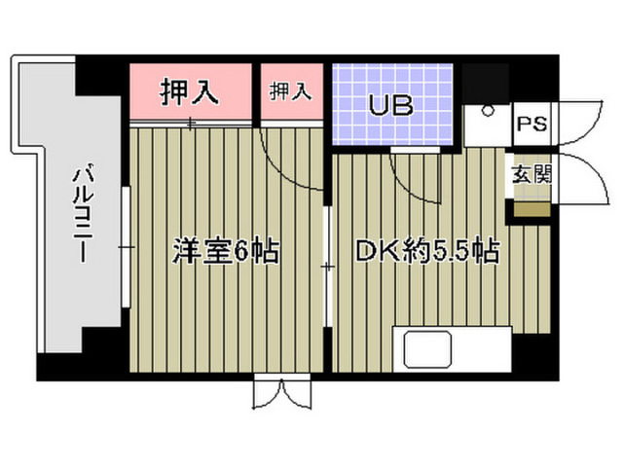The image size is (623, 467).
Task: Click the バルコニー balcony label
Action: [83, 212]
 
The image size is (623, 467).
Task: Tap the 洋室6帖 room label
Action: [225, 251]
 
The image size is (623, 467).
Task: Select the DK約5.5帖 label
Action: [427, 251]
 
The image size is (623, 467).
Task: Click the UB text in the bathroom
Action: [391, 105]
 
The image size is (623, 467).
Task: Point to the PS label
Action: [532, 124]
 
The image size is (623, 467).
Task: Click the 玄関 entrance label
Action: [532, 174]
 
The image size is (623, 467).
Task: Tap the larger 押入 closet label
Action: [189, 92]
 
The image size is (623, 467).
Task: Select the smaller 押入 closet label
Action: [290, 91]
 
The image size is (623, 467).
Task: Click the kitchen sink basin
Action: [428, 349]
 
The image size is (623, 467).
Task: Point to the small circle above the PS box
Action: [487, 110]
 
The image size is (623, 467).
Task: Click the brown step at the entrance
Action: [532, 210]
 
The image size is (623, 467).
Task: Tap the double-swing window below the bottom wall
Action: [282, 392]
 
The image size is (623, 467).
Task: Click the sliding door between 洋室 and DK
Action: [327, 266]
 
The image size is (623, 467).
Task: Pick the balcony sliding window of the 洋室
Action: [126, 247]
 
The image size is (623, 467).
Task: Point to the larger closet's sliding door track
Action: [191, 124]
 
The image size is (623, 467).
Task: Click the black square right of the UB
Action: [486, 83]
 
